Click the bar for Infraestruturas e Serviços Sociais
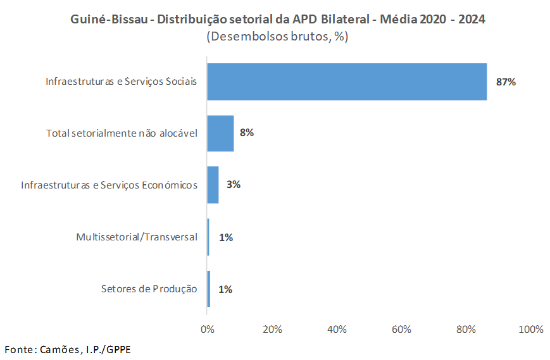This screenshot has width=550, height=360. (347, 82)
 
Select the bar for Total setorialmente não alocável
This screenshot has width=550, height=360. (220, 133)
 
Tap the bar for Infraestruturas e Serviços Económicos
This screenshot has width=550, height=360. (213, 185)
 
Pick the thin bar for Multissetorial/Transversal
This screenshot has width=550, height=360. (208, 237)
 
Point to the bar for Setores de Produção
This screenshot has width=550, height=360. (208, 289)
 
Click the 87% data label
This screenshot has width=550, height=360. (506, 82)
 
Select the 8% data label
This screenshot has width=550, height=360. (247, 133)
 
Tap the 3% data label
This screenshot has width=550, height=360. (234, 185)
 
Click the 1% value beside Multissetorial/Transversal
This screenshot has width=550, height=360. (226, 237)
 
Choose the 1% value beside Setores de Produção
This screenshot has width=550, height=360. (225, 289)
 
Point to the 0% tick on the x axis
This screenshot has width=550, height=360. (207, 329)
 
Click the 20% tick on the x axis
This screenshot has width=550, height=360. (272, 329)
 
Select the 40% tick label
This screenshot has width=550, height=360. (337, 329)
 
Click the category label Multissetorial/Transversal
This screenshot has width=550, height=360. (137, 237)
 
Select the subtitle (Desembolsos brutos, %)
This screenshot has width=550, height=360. (277, 37)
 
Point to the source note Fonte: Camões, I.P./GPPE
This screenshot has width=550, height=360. (68, 349)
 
